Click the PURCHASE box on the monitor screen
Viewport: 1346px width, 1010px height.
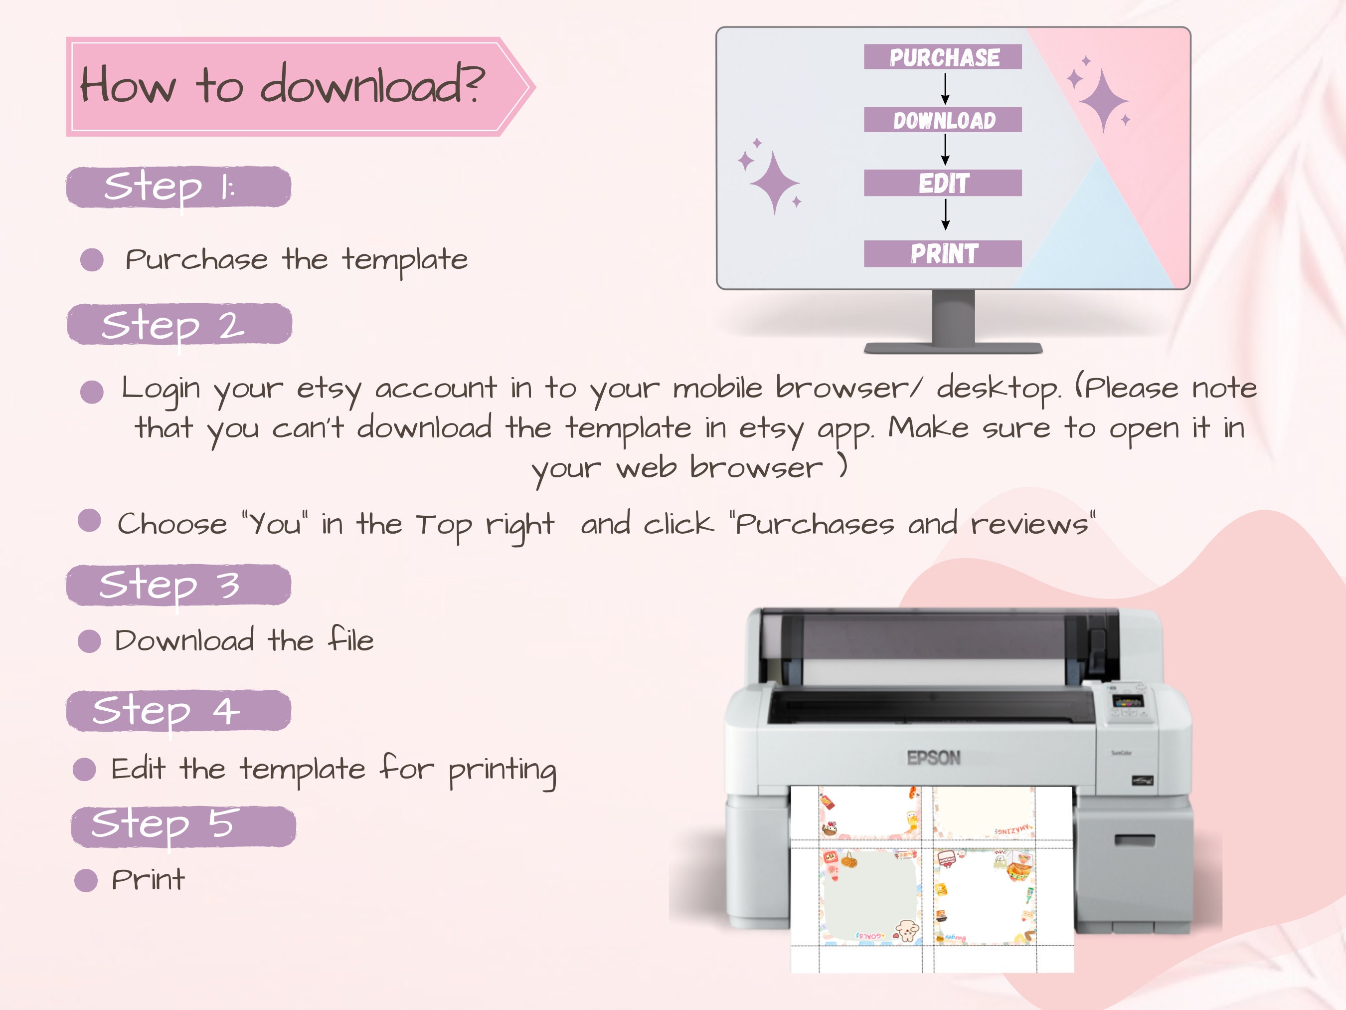943,57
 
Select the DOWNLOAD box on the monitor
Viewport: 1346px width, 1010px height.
943,120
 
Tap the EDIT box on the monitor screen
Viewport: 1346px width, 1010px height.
943,183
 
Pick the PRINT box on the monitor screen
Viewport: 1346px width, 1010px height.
943,253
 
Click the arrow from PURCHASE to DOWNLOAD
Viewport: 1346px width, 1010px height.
945,89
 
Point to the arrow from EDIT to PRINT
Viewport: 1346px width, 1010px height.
945,215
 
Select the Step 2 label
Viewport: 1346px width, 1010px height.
179,324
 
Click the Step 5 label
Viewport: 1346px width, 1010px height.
183,826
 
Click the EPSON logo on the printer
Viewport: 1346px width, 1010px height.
933,758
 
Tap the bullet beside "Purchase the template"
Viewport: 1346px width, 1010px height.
92,260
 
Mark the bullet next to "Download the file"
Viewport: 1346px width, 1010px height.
89,640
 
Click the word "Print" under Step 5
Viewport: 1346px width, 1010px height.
148,880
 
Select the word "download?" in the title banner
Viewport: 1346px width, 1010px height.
372,85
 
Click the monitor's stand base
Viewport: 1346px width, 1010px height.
953,348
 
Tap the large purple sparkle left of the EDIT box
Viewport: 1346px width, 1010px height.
774,183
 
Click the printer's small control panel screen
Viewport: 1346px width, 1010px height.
1126,701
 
